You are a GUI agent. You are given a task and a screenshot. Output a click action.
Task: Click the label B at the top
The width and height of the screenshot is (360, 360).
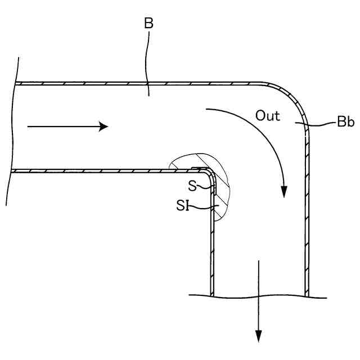pyautogui.click(x=148, y=24)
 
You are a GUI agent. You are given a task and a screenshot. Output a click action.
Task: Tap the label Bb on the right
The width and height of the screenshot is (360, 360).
pyautogui.click(x=345, y=123)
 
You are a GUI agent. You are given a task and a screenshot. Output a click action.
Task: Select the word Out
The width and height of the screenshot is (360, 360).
pyautogui.click(x=268, y=115)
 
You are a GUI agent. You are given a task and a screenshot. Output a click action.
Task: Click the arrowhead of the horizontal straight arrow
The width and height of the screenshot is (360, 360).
pyautogui.click(x=103, y=127)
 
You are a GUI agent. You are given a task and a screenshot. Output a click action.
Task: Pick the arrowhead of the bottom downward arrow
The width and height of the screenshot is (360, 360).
pyautogui.click(x=259, y=336)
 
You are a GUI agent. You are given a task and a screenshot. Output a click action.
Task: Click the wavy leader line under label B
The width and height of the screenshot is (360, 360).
pyautogui.click(x=148, y=62)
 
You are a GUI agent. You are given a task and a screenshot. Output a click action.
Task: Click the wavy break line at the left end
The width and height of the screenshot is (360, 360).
pyautogui.click(x=12, y=129)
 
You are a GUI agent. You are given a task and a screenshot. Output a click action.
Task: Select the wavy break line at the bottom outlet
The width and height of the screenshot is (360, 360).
pyautogui.click(x=259, y=296)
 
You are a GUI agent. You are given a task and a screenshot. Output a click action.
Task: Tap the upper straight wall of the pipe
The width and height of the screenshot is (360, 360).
pyautogui.click(x=141, y=84)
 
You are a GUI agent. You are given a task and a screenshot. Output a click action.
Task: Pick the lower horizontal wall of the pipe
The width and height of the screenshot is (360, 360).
pyautogui.click(x=101, y=170)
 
